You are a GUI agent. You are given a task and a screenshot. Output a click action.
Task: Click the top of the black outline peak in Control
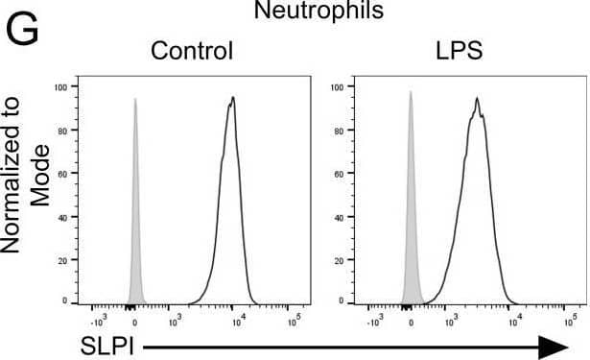coord(232,97)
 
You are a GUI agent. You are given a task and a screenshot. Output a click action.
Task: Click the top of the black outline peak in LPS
coord(476,97)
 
